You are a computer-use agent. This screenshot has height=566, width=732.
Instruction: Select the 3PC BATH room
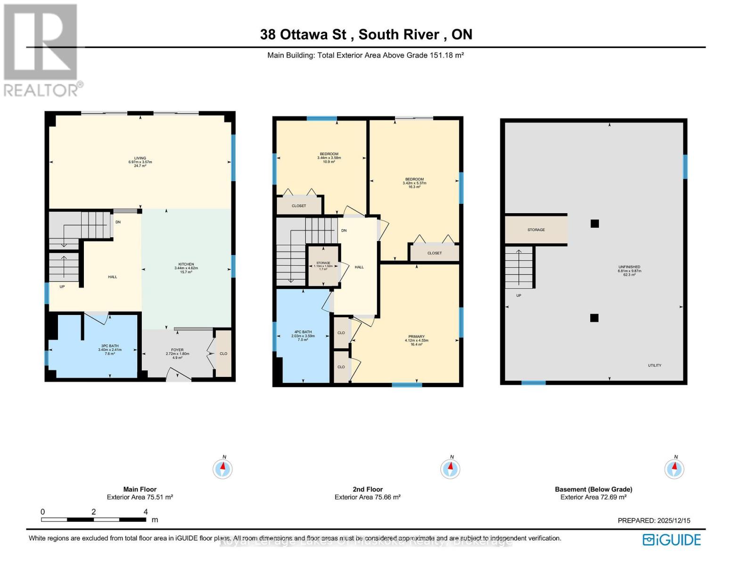(109, 350)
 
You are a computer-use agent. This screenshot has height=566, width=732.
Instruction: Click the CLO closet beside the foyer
(223, 353)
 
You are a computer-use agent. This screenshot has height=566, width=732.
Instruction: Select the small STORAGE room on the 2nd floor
(323, 266)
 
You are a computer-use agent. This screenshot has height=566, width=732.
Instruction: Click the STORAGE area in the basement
(536, 230)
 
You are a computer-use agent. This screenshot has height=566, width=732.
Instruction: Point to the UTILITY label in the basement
(654, 365)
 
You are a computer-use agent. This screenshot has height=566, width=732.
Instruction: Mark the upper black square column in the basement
(594, 224)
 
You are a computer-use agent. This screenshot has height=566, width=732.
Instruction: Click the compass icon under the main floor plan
(223, 469)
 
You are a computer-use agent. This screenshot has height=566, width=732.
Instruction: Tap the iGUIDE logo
(672, 540)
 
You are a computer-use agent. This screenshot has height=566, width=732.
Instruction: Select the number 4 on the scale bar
(146, 512)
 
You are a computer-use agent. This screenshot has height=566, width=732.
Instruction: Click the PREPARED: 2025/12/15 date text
(654, 520)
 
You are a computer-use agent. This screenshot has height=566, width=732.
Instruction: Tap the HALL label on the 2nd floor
(359, 267)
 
